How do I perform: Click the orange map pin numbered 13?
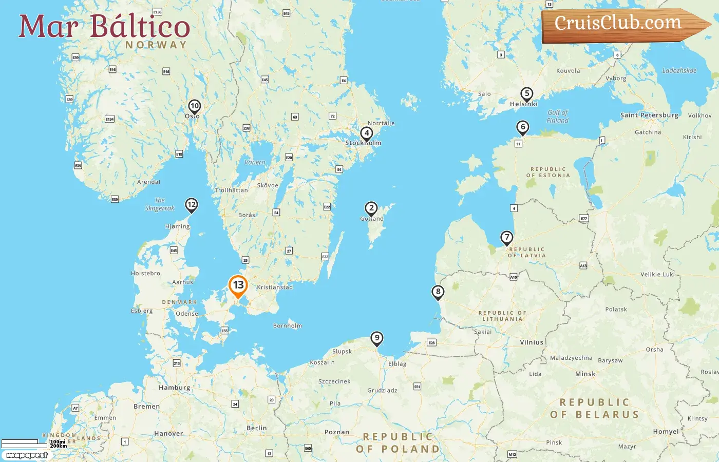[238, 285]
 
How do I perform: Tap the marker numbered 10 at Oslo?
[194, 106]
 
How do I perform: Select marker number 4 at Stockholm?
[366, 133]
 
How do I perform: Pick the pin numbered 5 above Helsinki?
[526, 94]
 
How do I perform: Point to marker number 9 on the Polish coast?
[377, 338]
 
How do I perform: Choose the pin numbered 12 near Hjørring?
[192, 205]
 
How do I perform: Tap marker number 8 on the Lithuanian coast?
[438, 292]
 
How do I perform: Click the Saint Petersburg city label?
[649, 115]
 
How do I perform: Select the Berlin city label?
[256, 428]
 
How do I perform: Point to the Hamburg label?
[174, 388]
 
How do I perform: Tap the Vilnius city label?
[531, 342]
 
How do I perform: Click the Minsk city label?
[585, 374]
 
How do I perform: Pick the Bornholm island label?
[287, 326]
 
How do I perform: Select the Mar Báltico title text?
[104, 27]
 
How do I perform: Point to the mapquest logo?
[27, 455]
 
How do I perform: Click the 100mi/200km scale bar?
[31, 443]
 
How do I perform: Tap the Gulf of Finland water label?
[557, 117]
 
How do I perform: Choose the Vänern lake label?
[255, 162]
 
